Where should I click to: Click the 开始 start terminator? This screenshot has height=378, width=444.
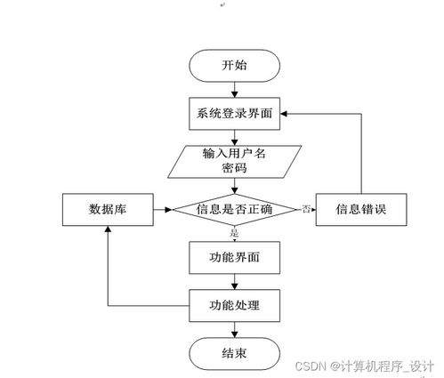[235, 65]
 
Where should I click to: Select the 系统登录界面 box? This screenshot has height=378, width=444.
[235, 113]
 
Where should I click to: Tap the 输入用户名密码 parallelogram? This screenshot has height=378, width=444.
[235, 160]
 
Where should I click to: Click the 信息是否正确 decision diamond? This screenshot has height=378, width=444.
[235, 210]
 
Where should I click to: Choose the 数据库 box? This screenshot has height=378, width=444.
[106, 210]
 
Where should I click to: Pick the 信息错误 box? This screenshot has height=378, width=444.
[359, 210]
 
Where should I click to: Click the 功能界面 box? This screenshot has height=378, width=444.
[235, 258]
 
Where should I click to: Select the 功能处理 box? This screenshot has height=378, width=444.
[235, 306]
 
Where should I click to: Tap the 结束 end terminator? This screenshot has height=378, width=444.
[235, 353]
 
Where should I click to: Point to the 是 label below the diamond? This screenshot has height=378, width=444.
[235, 233]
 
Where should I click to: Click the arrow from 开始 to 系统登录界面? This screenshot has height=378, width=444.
[235, 88]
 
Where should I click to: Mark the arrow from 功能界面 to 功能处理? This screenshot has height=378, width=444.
[235, 282]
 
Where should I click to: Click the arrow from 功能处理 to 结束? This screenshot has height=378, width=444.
[235, 329]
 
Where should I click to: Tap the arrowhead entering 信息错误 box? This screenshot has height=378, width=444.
[314, 210]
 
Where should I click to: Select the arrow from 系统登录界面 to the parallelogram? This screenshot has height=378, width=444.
[235, 136]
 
